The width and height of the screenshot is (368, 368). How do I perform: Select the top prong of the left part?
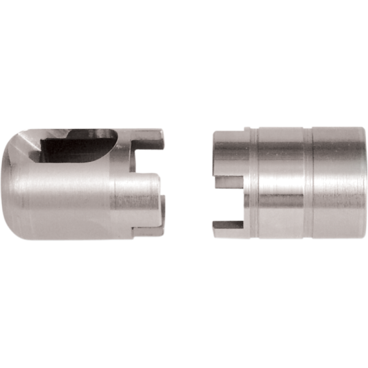150,138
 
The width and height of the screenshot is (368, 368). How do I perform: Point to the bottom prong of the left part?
147,232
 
